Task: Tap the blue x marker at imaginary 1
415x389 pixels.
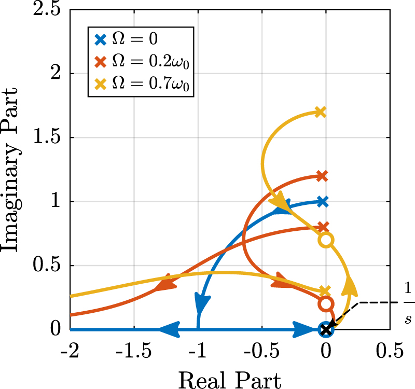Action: [x=323, y=201]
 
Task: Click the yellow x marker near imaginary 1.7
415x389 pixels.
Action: [x=321, y=112]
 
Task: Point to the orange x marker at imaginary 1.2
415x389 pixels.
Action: [x=322, y=176]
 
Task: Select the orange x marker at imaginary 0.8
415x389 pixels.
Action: [x=323, y=227]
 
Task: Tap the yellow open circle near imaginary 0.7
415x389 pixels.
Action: [x=326, y=240]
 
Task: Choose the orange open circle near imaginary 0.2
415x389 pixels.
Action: [x=326, y=304]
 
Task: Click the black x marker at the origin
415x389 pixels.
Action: [x=326, y=329]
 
